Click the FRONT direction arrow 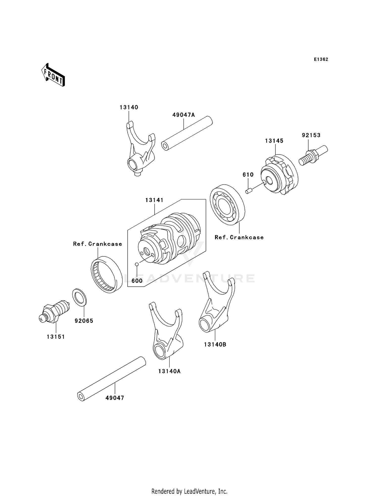(53, 75)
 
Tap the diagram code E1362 (321, 59)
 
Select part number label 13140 (129, 107)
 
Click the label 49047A (184, 115)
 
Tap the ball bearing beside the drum (227, 205)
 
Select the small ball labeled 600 (137, 264)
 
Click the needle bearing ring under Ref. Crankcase (106, 275)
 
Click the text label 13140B (215, 344)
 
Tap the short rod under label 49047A (187, 133)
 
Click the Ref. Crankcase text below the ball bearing (239, 237)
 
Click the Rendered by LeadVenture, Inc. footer (189, 491)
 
